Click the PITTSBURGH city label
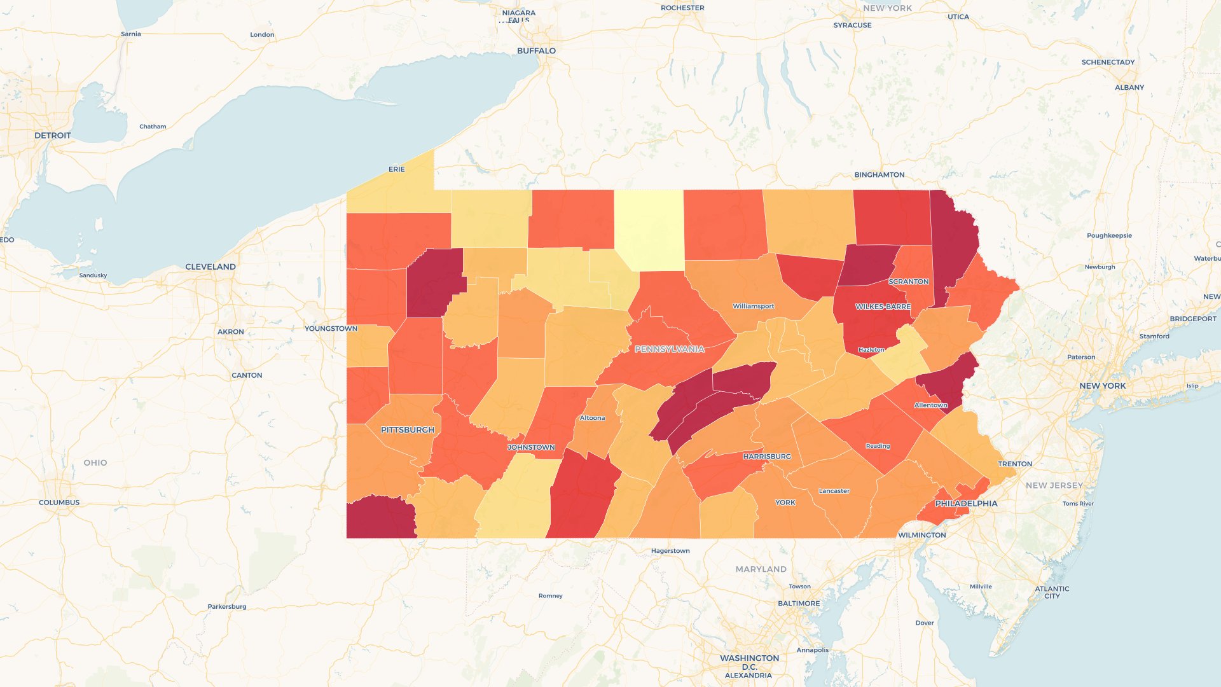click(408, 430)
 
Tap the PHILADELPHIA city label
click(966, 503)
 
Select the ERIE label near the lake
click(396, 169)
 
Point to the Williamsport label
click(753, 306)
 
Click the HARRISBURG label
click(767, 456)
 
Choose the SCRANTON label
click(908, 281)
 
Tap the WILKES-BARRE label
click(883, 307)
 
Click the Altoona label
click(592, 418)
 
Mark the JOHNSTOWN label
click(531, 447)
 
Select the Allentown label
click(930, 405)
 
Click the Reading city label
click(878, 446)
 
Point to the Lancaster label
click(834, 490)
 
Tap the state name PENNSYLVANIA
click(670, 349)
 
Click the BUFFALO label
click(536, 51)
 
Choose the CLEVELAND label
click(210, 267)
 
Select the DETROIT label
click(53, 135)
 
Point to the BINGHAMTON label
click(879, 174)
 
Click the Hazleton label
click(871, 350)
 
